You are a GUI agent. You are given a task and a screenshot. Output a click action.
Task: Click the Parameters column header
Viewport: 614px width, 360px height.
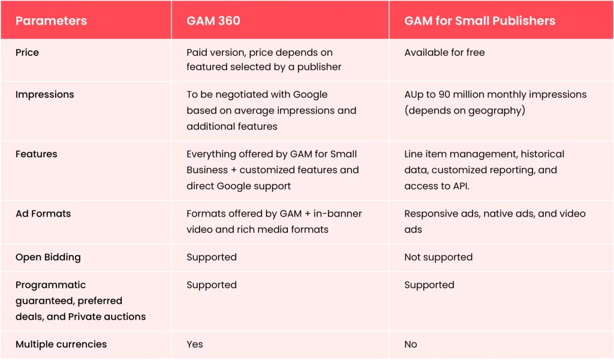point(51,20)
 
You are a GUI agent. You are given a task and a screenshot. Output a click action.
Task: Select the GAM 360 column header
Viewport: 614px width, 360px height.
point(213,20)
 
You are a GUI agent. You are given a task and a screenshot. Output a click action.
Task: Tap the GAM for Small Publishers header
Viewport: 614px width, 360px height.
point(480,20)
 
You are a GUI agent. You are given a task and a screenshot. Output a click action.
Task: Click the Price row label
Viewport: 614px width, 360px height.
point(27,52)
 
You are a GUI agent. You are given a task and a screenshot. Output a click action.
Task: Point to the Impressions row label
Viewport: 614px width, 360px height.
point(44,94)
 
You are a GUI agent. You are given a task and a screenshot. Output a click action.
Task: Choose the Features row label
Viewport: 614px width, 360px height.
point(36,154)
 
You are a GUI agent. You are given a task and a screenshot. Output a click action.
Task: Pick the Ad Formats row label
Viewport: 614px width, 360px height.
point(43,214)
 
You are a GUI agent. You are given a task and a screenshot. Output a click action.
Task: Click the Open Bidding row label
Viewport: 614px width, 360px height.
point(47,257)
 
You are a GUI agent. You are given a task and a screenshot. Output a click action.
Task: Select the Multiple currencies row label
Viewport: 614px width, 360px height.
point(61,344)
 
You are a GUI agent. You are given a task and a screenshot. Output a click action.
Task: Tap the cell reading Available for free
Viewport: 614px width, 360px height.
point(444,52)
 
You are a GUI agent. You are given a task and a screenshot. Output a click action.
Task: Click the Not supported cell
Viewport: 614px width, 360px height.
point(438,257)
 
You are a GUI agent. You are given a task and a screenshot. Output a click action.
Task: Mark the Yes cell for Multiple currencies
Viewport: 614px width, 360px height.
point(194,344)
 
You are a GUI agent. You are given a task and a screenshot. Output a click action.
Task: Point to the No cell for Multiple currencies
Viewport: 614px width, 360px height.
point(411,344)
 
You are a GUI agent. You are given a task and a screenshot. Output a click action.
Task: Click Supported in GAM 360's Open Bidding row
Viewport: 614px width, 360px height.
point(211,257)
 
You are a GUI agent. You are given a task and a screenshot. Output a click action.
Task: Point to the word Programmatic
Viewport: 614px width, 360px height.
point(50,285)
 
